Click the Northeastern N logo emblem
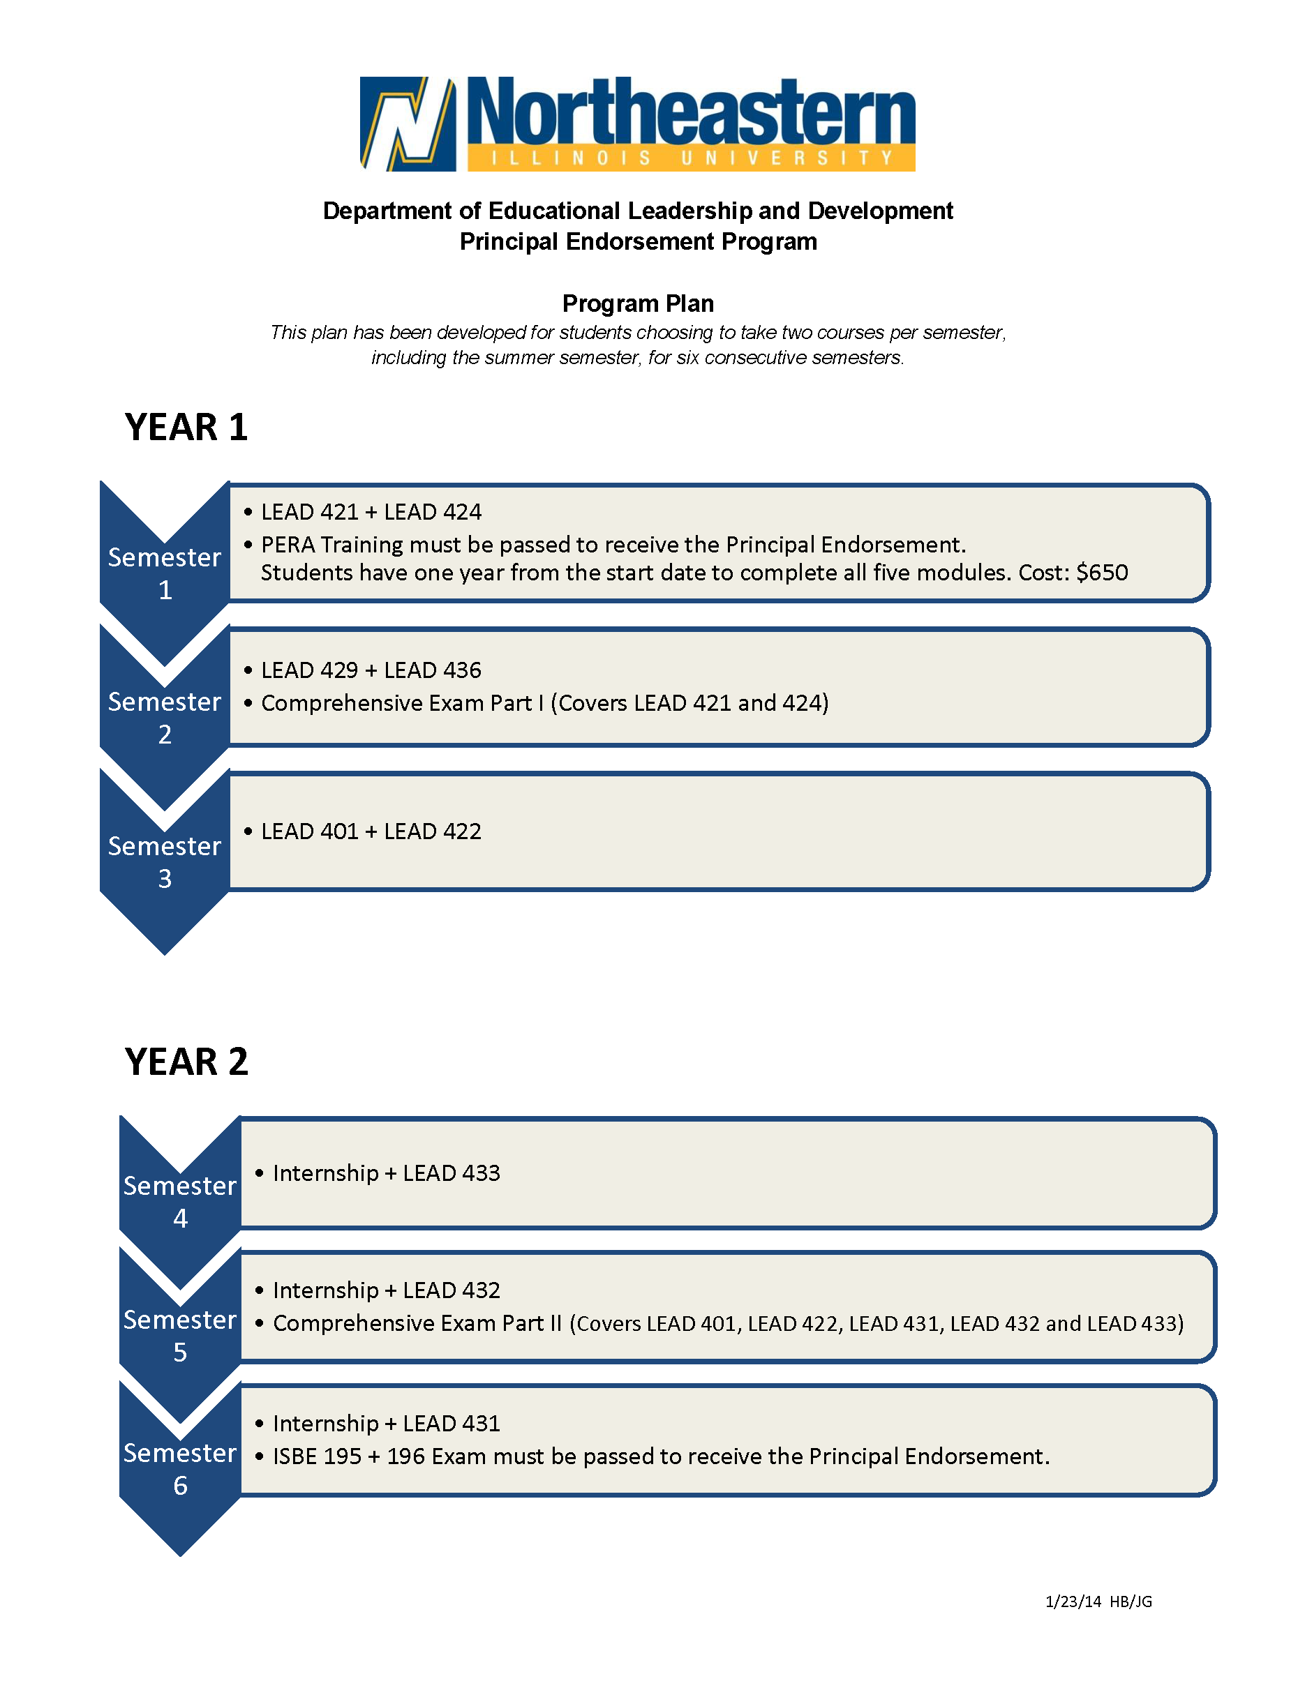[x=408, y=123]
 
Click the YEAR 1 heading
[x=186, y=428]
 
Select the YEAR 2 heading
[x=186, y=1061]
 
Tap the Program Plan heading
[x=638, y=303]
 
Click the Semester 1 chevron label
[x=165, y=573]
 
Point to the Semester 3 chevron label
[x=165, y=861]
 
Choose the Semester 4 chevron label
[x=180, y=1201]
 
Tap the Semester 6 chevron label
[x=180, y=1468]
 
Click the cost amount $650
[x=1102, y=573]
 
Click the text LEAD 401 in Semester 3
[x=309, y=831]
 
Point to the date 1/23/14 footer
[x=1073, y=1602]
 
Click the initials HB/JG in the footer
[x=1131, y=1602]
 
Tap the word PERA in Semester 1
[x=288, y=545]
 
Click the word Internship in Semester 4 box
[x=325, y=1173]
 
